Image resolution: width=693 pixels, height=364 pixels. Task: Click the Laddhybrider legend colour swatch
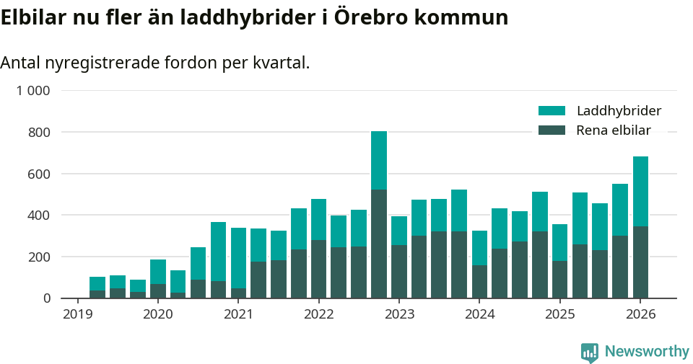[x=552, y=111]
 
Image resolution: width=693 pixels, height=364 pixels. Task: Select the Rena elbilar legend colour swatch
[x=552, y=130]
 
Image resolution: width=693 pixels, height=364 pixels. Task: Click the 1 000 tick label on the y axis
[x=33, y=91]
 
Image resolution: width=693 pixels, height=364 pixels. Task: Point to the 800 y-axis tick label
[x=39, y=133]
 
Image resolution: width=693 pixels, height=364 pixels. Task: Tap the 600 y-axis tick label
[x=39, y=174]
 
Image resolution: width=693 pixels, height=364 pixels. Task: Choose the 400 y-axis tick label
[x=39, y=216]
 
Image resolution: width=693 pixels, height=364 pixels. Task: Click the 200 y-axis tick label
[x=39, y=257]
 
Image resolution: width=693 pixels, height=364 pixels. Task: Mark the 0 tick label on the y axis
[x=46, y=298]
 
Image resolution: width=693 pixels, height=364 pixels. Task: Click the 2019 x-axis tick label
[x=77, y=314]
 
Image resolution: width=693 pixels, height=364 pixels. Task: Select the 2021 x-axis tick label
[x=238, y=314]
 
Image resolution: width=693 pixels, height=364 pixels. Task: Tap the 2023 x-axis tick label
[x=399, y=314]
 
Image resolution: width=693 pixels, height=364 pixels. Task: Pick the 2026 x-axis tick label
[x=640, y=314]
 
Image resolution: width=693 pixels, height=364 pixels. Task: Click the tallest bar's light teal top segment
[x=379, y=160]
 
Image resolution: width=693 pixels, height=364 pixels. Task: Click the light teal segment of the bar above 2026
[x=640, y=191]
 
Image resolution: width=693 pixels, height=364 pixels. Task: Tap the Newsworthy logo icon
[x=589, y=352]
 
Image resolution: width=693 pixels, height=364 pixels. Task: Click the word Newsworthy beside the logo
[x=647, y=352]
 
